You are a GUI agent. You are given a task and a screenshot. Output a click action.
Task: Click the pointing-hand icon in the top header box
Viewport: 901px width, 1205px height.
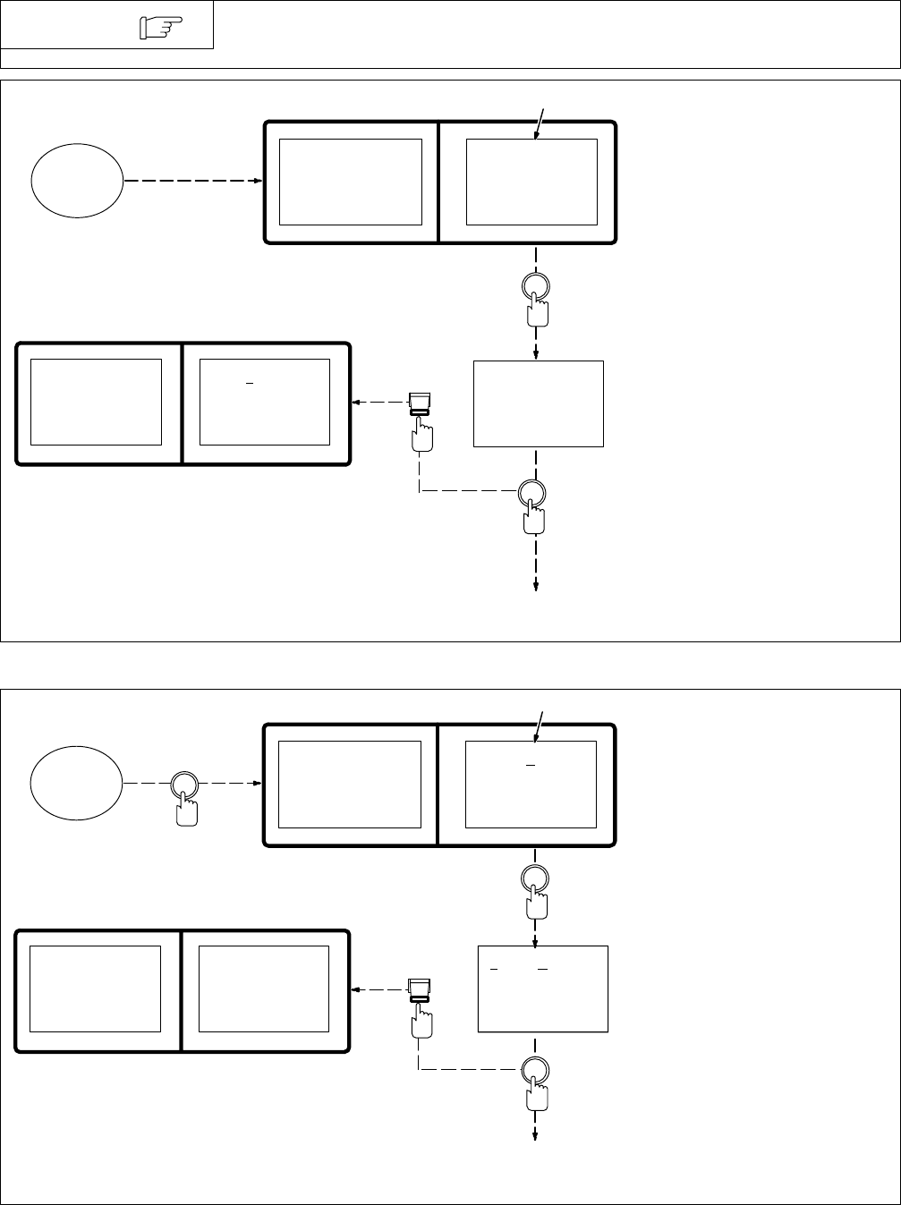[x=156, y=30]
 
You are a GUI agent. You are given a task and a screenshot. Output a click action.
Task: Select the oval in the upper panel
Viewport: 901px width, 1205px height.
[x=77, y=182]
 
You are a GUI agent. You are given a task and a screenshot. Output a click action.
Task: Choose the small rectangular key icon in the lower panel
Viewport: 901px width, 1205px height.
[x=419, y=989]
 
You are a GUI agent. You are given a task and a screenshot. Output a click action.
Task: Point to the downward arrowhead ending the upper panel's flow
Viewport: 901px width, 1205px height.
[x=536, y=586]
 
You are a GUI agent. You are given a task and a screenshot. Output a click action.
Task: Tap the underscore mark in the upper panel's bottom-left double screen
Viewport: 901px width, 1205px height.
[x=250, y=384]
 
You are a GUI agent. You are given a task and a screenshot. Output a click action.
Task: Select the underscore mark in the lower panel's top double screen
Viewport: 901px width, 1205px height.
[x=531, y=767]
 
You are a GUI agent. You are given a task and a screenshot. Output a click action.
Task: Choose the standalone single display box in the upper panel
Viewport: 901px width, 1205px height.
[x=538, y=403]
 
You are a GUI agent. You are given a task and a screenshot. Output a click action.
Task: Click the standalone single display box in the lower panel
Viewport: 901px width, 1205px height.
[x=542, y=989]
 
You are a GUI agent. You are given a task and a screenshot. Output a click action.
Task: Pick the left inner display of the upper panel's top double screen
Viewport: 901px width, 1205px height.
[x=351, y=182]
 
